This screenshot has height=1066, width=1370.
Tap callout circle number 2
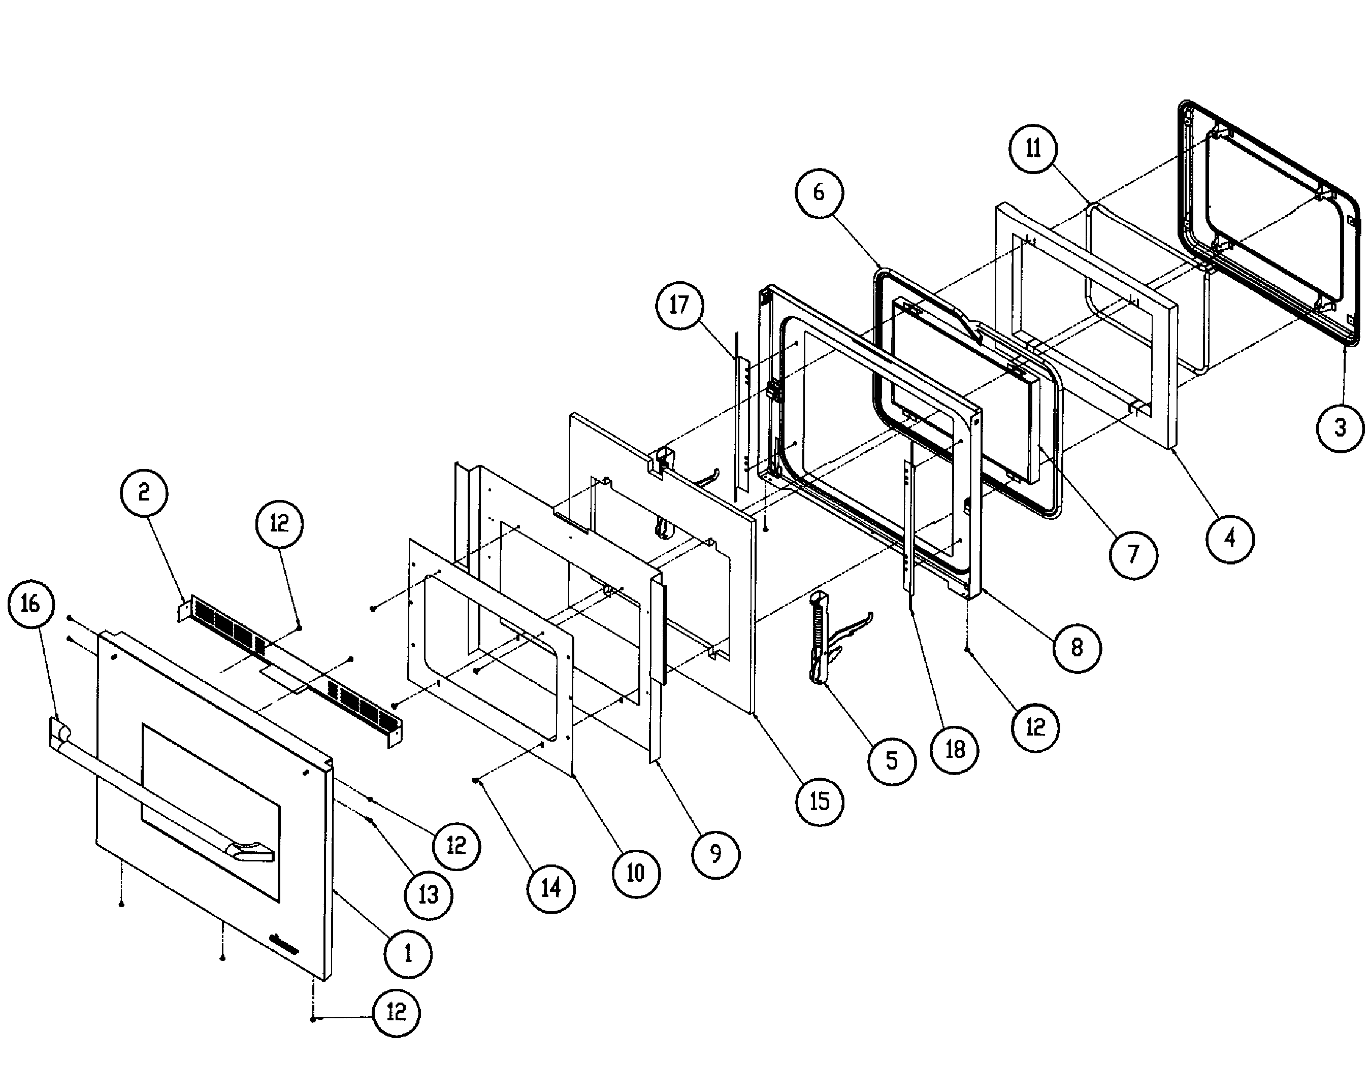click(144, 492)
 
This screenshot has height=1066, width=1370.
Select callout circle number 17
click(679, 306)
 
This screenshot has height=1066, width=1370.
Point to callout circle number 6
click(819, 192)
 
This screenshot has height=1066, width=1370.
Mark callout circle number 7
click(1133, 555)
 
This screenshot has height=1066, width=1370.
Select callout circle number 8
click(1077, 648)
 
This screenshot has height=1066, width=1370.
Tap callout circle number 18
click(955, 749)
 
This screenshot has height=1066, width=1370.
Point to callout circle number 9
click(716, 853)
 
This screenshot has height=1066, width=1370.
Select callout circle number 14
click(551, 888)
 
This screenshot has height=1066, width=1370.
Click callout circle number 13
click(429, 895)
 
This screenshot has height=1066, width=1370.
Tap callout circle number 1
click(408, 954)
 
